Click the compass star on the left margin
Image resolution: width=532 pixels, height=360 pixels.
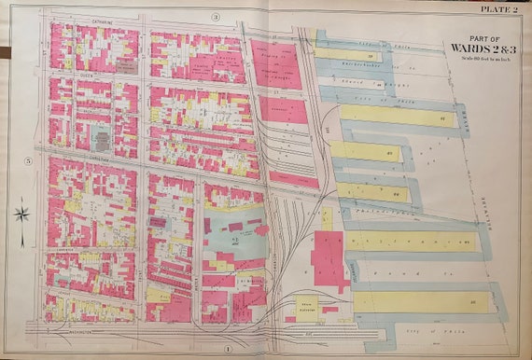coord(23,214)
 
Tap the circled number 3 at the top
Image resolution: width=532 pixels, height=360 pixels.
coord(215,17)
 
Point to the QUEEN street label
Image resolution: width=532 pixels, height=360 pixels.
coord(61,72)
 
